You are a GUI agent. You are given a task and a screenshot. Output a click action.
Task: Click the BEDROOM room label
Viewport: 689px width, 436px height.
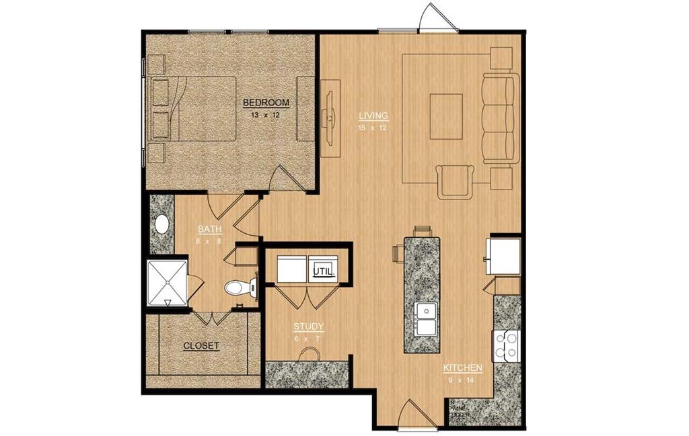click(266, 103)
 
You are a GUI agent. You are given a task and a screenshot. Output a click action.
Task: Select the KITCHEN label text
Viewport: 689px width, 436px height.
click(462, 368)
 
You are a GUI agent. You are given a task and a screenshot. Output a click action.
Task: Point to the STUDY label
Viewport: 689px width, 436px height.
click(308, 327)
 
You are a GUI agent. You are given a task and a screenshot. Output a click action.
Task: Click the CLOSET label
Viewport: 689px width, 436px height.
click(201, 346)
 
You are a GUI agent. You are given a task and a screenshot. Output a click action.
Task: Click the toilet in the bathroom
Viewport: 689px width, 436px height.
click(238, 288)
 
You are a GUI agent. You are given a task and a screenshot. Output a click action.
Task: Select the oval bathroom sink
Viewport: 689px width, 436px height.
click(161, 224)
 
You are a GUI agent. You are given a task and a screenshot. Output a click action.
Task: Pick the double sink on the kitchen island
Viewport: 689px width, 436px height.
click(425, 318)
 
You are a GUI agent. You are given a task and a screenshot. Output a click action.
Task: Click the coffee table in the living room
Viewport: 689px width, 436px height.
click(446, 116)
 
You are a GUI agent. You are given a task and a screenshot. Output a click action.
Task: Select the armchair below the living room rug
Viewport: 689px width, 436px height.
click(456, 181)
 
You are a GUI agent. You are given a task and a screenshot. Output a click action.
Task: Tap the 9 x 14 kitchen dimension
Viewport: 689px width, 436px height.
click(462, 380)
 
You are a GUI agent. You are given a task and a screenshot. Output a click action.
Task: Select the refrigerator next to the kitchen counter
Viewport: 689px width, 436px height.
click(505, 255)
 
